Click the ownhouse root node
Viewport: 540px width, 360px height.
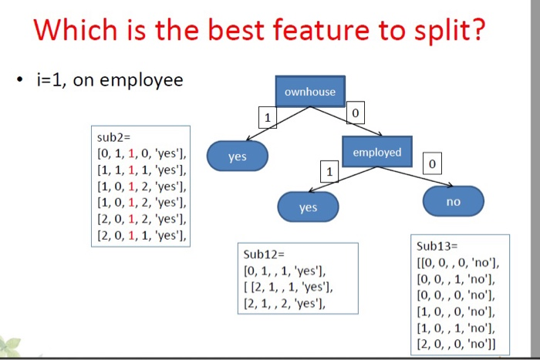[x=310, y=92]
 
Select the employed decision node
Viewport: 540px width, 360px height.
[x=376, y=152]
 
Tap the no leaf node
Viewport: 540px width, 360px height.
[x=453, y=201]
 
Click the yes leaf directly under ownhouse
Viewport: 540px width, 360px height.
[x=238, y=156]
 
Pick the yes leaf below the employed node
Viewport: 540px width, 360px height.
[x=308, y=207]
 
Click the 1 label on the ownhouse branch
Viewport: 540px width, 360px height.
[x=267, y=119]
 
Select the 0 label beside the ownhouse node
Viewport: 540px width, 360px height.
[x=355, y=114]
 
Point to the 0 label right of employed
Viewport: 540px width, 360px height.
[x=433, y=164]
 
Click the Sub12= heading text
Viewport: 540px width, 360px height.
[x=264, y=254]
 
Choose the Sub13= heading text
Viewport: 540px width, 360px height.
[x=437, y=246]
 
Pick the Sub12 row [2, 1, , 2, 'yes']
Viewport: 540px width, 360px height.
[x=283, y=304]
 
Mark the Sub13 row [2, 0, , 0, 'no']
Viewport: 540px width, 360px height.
[x=457, y=343]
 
